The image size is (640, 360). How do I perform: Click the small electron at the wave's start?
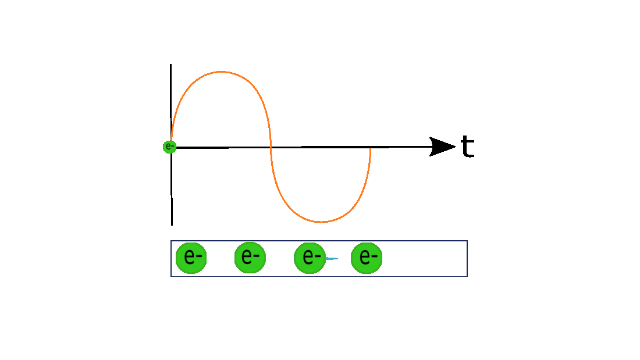tap(169, 147)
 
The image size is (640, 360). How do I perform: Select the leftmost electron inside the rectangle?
tap(191, 258)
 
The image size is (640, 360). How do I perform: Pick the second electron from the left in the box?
tap(250, 258)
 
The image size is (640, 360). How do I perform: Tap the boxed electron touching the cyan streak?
tap(310, 258)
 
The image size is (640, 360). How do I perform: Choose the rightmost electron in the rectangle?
tap(367, 258)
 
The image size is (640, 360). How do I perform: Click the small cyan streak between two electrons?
tap(332, 258)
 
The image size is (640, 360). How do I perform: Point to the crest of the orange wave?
tap(221, 72)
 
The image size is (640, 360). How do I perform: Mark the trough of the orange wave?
tap(321, 222)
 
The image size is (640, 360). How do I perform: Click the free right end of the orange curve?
tap(370, 149)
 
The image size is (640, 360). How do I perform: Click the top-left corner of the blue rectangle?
tap(171, 241)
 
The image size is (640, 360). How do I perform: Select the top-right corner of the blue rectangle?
tap(467, 241)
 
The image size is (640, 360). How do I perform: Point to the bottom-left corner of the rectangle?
tap(171, 276)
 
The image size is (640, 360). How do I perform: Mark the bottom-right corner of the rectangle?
tap(467, 276)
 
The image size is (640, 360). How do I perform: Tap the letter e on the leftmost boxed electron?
tap(189, 256)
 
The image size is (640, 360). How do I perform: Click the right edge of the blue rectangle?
tap(467, 258)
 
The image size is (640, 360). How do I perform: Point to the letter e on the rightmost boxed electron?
tap(364, 257)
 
